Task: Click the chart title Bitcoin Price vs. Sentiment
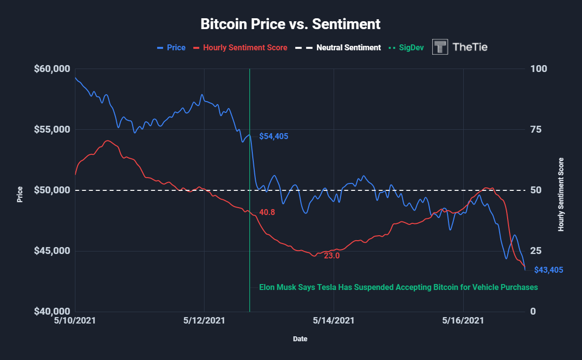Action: coord(291,24)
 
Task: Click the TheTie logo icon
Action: coord(440,47)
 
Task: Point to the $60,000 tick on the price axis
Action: coord(52,69)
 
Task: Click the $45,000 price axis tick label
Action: coord(52,251)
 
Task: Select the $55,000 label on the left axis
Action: coord(52,130)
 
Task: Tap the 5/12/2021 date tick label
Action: coord(204,321)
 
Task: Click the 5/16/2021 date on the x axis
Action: coord(463,321)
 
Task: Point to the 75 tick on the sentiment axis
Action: coord(535,130)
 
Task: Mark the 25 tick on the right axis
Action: coord(535,251)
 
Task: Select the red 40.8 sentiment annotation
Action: coord(267,212)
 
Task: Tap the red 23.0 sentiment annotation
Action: coord(332,256)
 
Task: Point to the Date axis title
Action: coord(299,339)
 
